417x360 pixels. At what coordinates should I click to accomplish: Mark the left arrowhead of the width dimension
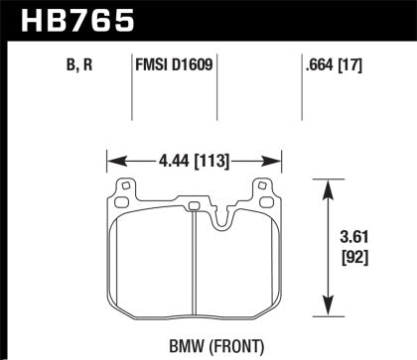pyautogui.click(x=111, y=157)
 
